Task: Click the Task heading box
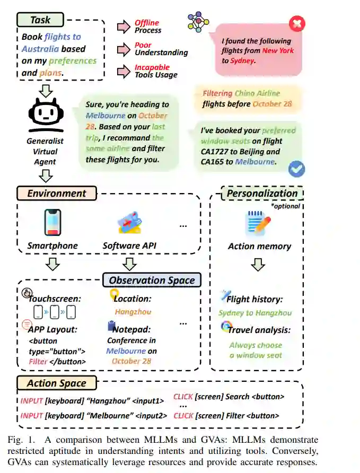41,20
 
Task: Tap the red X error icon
297,24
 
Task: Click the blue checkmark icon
296,169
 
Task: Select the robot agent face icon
45,116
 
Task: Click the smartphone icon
52,223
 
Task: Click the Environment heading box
57,194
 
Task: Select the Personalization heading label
262,194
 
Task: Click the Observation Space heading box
152,281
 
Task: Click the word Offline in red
146,23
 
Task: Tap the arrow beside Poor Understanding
124,49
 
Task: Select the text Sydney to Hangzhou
254,313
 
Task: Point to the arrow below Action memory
258,264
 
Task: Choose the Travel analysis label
259,330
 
